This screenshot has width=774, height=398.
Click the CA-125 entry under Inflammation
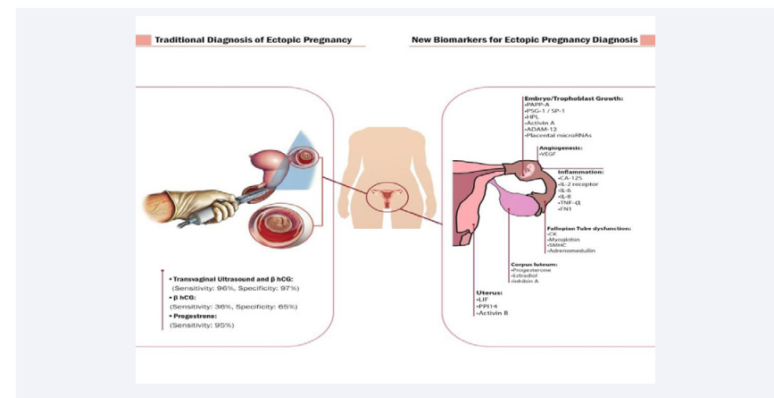point(572,177)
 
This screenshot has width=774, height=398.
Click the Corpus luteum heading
point(536,263)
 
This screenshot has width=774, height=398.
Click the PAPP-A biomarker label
point(537,105)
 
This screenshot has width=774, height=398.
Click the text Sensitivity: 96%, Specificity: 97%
point(235,288)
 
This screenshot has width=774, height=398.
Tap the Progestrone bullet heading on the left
point(203,316)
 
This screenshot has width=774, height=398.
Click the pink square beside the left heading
point(143,40)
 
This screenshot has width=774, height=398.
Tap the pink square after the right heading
point(648,40)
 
